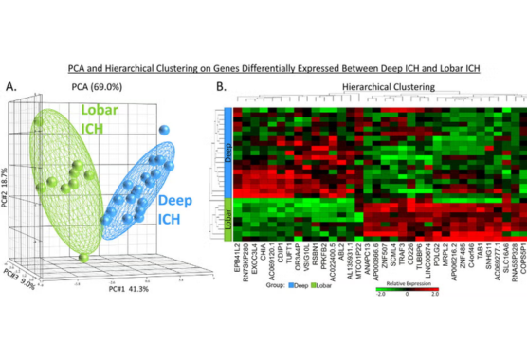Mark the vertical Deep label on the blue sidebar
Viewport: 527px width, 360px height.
pyautogui.click(x=228, y=150)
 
